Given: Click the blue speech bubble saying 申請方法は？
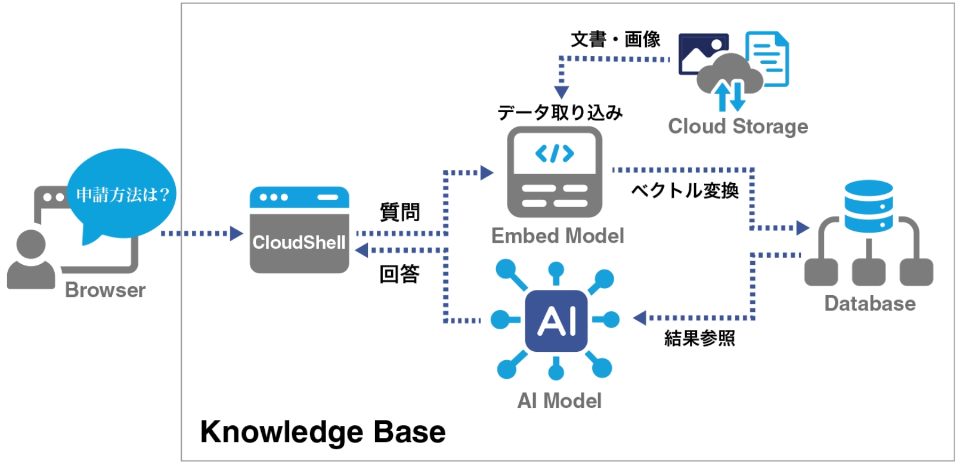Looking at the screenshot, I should [x=122, y=194].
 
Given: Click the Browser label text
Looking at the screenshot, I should [x=105, y=290].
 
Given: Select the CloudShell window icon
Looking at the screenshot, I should [x=299, y=230].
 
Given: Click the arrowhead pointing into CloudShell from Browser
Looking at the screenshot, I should [x=237, y=233].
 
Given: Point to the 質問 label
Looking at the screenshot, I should [x=400, y=212].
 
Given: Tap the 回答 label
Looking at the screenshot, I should [x=400, y=274].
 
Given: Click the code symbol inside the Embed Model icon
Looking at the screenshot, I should [x=555, y=154].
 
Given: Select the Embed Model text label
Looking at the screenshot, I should [x=558, y=236].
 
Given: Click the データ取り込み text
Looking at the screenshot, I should [x=560, y=112].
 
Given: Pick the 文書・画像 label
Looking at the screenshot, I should [x=615, y=39].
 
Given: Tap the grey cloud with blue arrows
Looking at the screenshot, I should [x=729, y=78].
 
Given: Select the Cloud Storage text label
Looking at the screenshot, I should [x=738, y=126].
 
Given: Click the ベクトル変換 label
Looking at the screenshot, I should [x=685, y=190].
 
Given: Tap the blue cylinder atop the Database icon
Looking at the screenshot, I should [x=868, y=206].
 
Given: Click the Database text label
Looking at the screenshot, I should [x=869, y=304].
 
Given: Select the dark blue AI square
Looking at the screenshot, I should [x=556, y=321].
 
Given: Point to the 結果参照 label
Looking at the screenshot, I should [x=699, y=338].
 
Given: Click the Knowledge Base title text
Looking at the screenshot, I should [x=323, y=432].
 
